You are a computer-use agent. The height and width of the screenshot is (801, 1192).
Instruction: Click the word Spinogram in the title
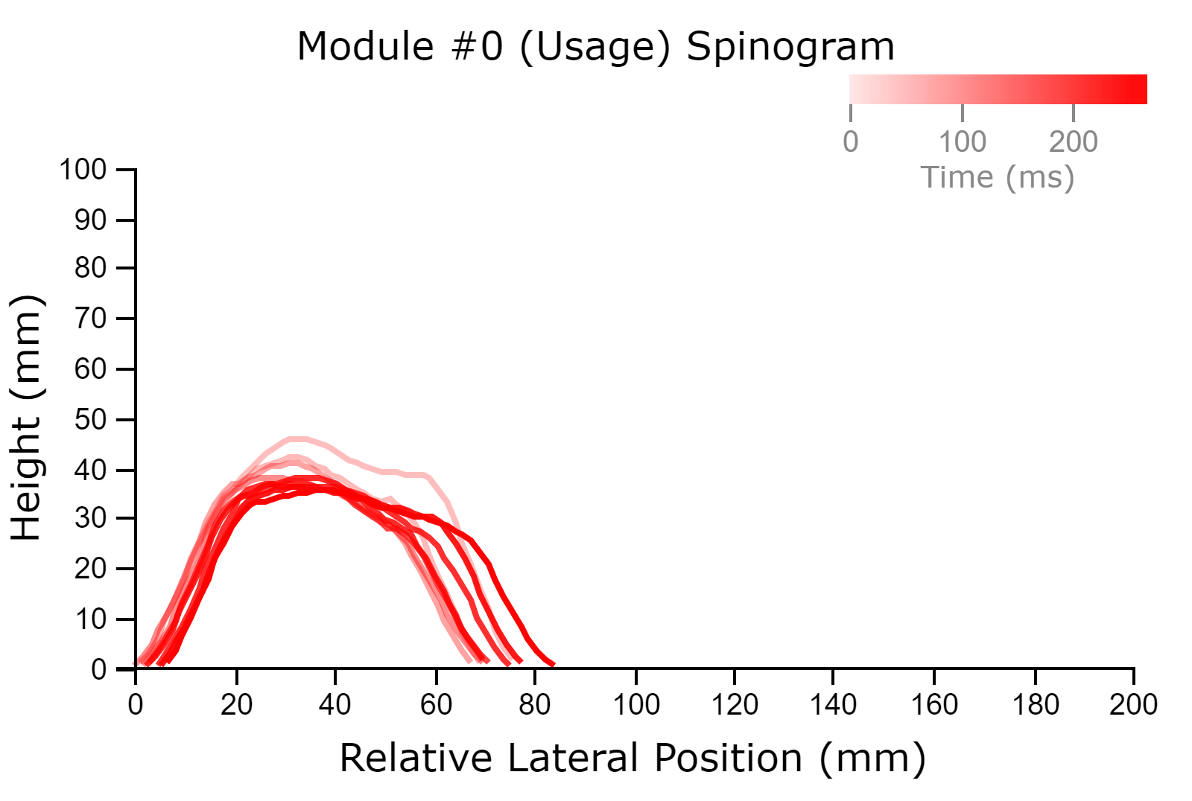click(x=790, y=48)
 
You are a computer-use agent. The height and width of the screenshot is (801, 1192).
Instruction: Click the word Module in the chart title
click(x=366, y=47)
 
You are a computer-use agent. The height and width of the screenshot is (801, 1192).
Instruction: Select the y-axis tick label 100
click(x=83, y=170)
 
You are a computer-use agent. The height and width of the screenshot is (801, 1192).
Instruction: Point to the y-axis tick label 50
click(x=90, y=420)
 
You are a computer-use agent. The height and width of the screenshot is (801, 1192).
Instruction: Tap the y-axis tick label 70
click(x=90, y=319)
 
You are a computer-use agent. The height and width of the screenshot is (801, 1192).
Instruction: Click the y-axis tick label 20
click(x=90, y=569)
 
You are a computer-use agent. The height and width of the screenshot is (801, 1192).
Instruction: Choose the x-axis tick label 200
click(x=1133, y=705)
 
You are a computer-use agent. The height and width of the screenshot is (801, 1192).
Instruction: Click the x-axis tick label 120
click(x=735, y=705)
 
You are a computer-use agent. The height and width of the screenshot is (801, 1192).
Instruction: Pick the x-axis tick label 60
click(x=436, y=705)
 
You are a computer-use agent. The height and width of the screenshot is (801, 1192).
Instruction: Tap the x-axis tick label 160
click(x=934, y=705)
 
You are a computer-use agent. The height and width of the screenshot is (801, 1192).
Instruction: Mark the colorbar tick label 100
click(x=962, y=142)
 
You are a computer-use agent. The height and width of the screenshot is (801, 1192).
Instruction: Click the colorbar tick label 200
click(x=1074, y=142)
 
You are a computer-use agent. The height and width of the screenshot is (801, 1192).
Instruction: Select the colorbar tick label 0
click(x=850, y=142)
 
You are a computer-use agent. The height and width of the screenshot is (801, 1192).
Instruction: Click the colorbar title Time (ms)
click(x=998, y=178)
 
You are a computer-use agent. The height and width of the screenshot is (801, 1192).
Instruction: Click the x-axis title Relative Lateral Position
click(x=571, y=757)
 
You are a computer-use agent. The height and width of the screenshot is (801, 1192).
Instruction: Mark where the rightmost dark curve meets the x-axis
click(x=554, y=665)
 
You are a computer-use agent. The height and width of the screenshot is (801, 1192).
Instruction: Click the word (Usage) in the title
click(x=595, y=48)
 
